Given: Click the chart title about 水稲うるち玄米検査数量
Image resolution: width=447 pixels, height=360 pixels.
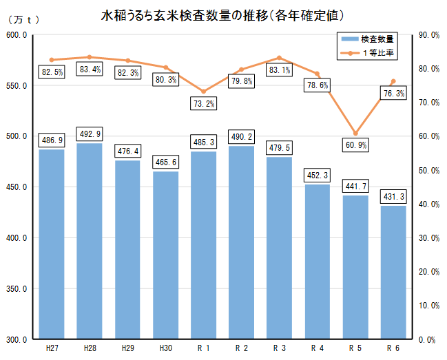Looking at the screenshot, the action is coord(222,16).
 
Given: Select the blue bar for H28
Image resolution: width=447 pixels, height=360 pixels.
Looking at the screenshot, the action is coord(90,241).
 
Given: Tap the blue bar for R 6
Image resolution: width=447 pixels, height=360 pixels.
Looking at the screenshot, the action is coord(393,273).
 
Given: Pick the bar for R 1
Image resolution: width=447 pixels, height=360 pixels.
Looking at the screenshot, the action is coord(204,245).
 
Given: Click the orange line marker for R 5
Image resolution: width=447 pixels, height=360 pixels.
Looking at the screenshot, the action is coord(355,134).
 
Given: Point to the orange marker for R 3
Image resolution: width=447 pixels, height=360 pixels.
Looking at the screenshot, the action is coord(280,58).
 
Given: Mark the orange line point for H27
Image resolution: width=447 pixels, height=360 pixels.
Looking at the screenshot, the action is coord(52,60).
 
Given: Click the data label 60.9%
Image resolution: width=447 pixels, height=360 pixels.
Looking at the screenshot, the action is coord(356,145).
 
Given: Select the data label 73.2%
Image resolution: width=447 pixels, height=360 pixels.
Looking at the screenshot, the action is coord(204,103).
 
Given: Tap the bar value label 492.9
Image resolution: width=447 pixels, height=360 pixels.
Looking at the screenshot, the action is coord(90,134).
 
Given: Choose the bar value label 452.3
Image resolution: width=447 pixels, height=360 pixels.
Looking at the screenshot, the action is coord(318,175).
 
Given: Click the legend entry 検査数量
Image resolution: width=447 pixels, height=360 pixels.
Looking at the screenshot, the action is coord(368,39).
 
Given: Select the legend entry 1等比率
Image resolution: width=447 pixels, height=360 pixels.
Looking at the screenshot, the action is coord(368,53).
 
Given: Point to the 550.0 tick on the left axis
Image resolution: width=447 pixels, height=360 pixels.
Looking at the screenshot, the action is coord(17,86).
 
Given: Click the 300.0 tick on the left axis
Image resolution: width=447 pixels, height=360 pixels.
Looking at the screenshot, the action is coord(17,339).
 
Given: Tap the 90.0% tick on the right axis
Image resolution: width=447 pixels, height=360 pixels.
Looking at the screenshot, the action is coord(429,35).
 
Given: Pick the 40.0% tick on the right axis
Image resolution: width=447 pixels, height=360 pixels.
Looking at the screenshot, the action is coord(429,204).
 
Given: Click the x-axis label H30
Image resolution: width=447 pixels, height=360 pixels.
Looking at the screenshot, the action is coord(165,348).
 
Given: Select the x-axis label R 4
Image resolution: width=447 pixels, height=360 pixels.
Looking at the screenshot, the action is coord(318,348).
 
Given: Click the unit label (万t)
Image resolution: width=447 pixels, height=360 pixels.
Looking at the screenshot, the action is coord(23,20).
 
